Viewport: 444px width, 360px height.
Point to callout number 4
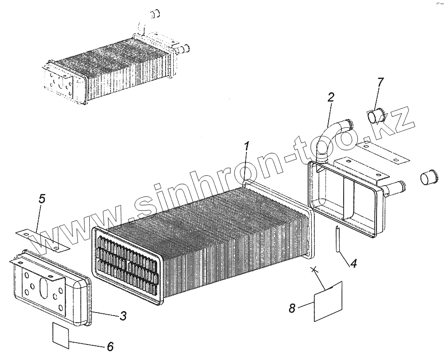pos(353,263)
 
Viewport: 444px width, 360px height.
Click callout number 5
pos(42,199)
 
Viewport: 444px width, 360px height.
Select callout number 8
pos(292,308)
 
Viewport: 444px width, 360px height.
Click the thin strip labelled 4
pos(338,238)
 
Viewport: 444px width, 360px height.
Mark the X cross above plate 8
pos(315,269)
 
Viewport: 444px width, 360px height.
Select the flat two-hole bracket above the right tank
pos(382,151)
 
